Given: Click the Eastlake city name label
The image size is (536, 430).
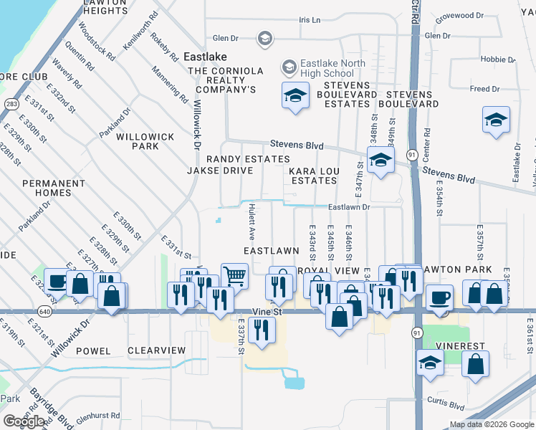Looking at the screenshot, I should coord(205,56).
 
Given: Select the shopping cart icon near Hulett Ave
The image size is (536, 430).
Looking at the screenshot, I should coord(234,275).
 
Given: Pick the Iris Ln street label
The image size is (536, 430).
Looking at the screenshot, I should coord(310,19).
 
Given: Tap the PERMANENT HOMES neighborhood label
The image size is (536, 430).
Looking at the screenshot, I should coord(57,188).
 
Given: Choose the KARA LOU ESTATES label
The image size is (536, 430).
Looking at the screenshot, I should coord(312,176).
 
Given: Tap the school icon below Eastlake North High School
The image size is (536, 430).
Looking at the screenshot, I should coord(295,96).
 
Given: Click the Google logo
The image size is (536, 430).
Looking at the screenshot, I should coord(24,421).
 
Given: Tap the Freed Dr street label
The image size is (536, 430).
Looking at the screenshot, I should coord(484,89).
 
